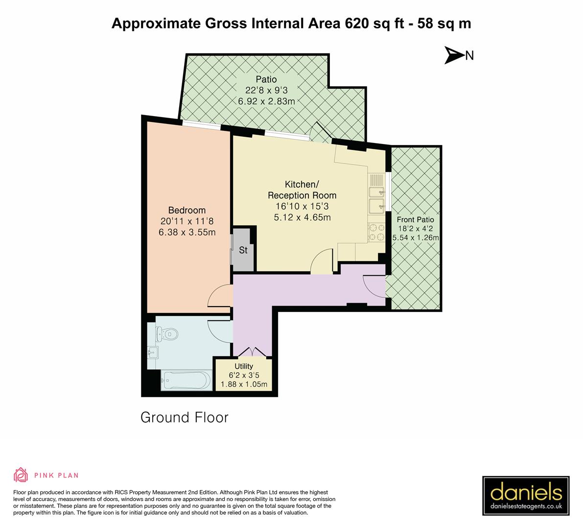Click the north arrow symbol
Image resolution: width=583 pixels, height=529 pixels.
click(454, 55)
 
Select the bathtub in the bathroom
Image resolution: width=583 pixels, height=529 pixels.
click(187, 380)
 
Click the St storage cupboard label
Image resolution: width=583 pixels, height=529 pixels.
click(243, 250)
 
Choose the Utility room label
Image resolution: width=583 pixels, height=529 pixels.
click(244, 366)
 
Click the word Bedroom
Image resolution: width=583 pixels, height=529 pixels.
click(187, 211)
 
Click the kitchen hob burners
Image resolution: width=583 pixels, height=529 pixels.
click(376, 232)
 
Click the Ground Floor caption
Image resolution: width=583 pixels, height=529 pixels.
click(185, 417)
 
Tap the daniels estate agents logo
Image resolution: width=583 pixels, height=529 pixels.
click(527, 496)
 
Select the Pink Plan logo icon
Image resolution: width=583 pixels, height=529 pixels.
click(20, 475)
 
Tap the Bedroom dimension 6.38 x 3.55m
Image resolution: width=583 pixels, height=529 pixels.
click(187, 232)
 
